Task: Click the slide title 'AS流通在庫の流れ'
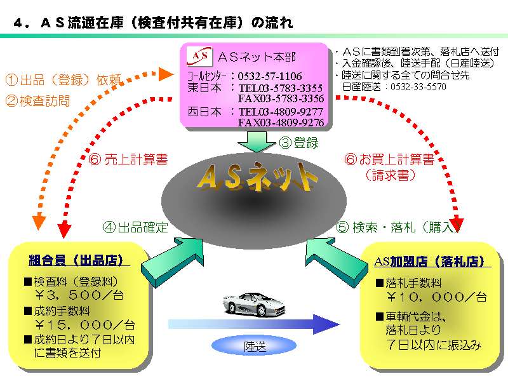click(x=153, y=23)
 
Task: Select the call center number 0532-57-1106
click(x=270, y=76)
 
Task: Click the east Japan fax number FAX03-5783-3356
click(x=281, y=98)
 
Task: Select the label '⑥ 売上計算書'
click(x=129, y=160)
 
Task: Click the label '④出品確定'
click(x=135, y=227)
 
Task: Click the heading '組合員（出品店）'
click(x=79, y=260)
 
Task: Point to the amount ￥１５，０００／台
click(x=84, y=325)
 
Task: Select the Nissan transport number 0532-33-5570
click(x=418, y=86)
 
